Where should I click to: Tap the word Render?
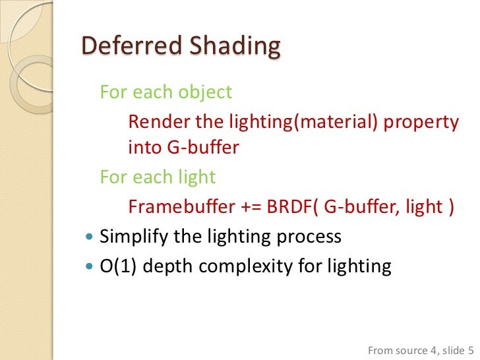click(x=154, y=122)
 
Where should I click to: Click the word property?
click(x=420, y=122)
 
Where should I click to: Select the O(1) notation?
click(x=117, y=266)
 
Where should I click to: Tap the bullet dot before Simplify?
click(x=90, y=237)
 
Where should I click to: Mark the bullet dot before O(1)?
click(x=90, y=266)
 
